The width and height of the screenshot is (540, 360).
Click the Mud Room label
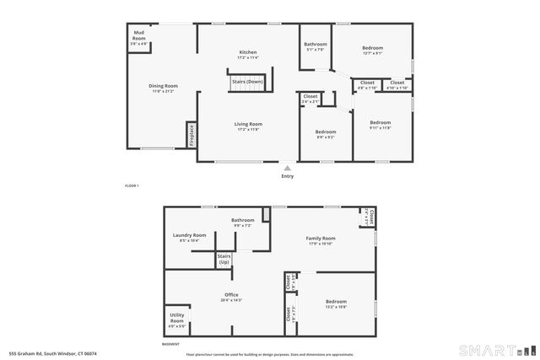click(x=138, y=38)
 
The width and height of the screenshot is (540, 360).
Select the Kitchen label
click(x=247, y=54)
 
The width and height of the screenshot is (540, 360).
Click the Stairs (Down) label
click(x=247, y=82)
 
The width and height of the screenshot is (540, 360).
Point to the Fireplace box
click(x=192, y=135)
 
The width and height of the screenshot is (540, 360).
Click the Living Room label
click(x=248, y=125)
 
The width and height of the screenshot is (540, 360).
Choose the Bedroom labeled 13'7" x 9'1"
click(x=373, y=49)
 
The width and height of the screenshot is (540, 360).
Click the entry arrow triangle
click(x=287, y=167)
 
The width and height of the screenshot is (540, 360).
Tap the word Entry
click(x=287, y=175)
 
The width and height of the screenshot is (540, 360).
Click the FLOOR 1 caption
click(x=131, y=185)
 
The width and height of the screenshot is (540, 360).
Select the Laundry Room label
click(x=189, y=237)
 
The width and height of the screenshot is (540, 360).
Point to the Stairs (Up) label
click(x=224, y=259)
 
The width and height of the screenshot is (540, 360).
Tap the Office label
click(x=230, y=295)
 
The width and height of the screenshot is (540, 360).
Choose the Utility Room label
click(x=177, y=320)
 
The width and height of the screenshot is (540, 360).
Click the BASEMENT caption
click(x=171, y=344)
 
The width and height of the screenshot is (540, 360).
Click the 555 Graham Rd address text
click(x=52, y=353)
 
